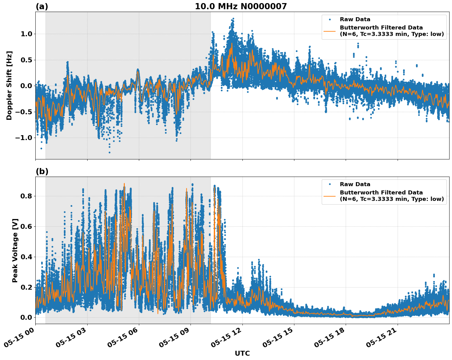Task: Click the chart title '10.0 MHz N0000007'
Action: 241,6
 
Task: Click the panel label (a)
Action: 42,6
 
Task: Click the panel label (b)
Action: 42,171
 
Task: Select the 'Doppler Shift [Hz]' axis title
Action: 9,85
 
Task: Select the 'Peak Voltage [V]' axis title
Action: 15,250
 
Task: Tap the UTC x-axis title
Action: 242,353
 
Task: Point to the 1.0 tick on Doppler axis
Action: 26,34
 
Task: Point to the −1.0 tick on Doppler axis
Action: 24,138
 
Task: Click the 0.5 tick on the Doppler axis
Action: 26,60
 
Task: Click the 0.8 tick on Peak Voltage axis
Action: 26,196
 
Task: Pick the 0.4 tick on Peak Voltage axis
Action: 26,257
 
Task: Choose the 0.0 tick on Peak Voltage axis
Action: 26,317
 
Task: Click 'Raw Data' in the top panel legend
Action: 355,19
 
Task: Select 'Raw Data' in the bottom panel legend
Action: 355,184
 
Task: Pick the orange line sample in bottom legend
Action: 330,196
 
